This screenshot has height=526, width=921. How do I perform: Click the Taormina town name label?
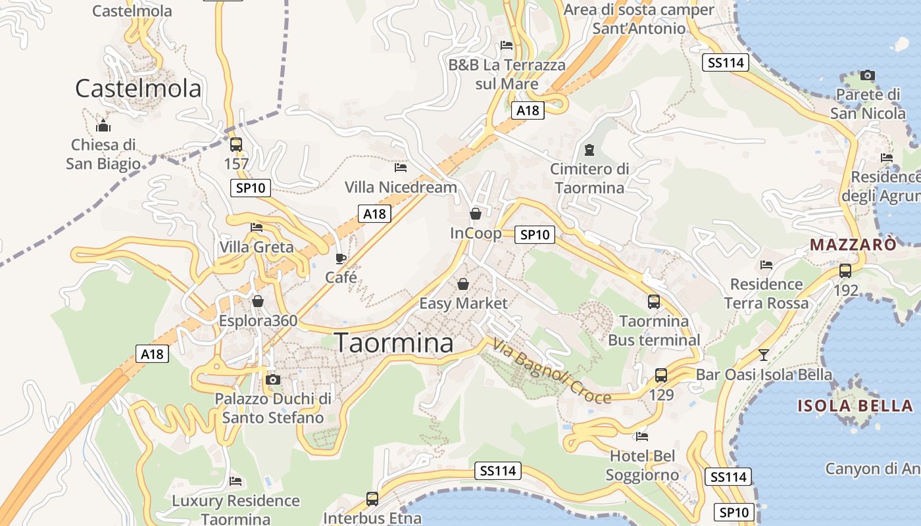point(393,343)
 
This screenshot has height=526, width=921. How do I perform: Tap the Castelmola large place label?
point(137,88)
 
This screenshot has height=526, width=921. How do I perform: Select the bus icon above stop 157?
point(236,145)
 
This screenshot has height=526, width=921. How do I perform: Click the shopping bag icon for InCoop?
point(475,214)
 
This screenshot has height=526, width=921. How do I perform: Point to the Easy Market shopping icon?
point(463,284)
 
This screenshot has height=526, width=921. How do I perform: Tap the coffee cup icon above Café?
point(340,258)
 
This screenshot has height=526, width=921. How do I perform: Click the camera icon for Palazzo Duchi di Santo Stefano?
point(273,379)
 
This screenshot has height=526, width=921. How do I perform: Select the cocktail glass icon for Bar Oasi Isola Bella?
point(763,355)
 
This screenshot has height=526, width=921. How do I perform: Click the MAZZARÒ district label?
point(853,245)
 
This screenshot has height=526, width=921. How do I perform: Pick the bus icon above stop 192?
point(845,270)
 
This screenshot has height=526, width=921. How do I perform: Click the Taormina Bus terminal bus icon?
point(654,302)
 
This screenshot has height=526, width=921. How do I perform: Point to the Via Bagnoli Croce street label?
point(551,371)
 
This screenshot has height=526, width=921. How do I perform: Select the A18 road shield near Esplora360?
point(153,354)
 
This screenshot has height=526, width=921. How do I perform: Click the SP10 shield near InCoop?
point(535,234)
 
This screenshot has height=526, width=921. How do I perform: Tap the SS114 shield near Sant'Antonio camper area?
point(726,63)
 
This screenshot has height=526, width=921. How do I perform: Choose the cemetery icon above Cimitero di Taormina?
point(589,150)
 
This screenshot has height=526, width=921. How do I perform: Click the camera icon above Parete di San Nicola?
point(868,75)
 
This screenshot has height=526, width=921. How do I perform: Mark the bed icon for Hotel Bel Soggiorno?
point(642,436)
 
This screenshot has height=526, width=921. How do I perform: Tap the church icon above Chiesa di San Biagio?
point(103,126)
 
